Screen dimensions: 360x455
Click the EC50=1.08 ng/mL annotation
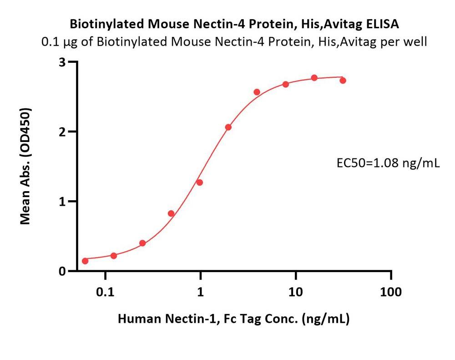pyautogui.click(x=387, y=162)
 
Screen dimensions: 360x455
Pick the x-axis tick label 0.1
pyautogui.click(x=105, y=292)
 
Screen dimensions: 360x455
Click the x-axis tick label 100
pyautogui.click(x=391, y=292)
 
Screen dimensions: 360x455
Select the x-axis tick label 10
pyautogui.click(x=296, y=292)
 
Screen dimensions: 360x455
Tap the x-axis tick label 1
pyautogui.click(x=200, y=292)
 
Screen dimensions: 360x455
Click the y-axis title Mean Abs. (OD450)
pyautogui.click(x=26, y=167)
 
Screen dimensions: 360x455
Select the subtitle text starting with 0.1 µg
pyautogui.click(x=234, y=42)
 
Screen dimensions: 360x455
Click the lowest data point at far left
pyautogui.click(x=85, y=261)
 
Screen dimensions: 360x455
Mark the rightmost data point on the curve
pyautogui.click(x=343, y=81)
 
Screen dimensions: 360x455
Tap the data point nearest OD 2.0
pyautogui.click(x=228, y=127)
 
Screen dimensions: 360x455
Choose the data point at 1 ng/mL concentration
pyautogui.click(x=199, y=183)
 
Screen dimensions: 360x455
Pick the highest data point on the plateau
pyautogui.click(x=314, y=78)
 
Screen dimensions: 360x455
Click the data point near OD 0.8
pyautogui.click(x=171, y=213)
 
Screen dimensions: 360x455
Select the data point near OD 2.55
pyautogui.click(x=257, y=92)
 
